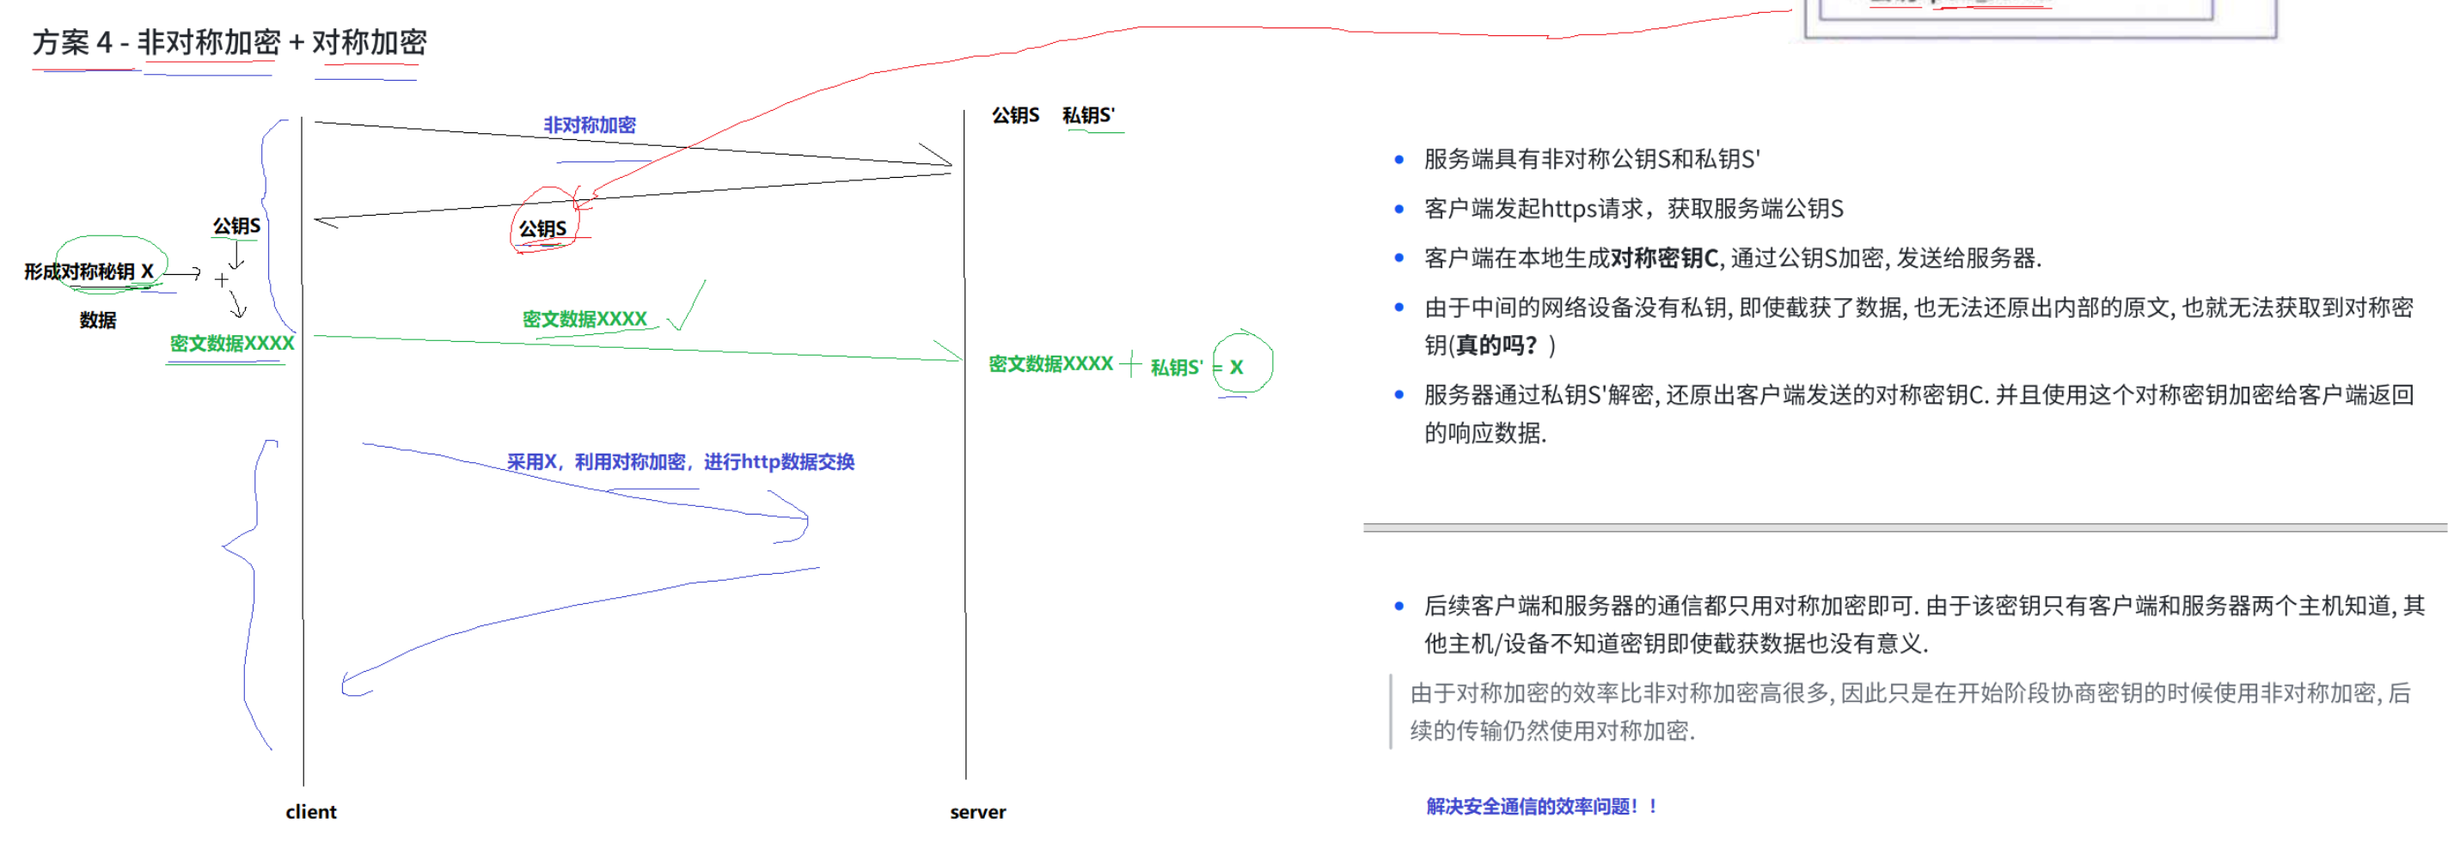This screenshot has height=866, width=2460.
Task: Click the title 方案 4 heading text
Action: (x=229, y=43)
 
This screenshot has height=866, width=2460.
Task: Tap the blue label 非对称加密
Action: (x=590, y=125)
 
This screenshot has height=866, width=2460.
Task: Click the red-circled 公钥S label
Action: (x=542, y=229)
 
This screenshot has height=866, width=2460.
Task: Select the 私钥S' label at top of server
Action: (x=1087, y=115)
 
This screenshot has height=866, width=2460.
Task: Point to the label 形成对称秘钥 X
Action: (x=89, y=272)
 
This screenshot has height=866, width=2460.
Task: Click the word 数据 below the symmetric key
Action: (x=97, y=320)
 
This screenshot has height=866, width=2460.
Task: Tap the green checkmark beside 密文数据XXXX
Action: (x=688, y=308)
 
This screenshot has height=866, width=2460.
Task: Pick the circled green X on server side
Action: (x=1237, y=367)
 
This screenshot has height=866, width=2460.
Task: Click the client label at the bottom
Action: (x=310, y=812)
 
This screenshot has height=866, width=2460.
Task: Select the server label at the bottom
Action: (x=977, y=813)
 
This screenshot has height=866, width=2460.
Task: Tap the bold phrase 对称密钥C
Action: (x=1663, y=258)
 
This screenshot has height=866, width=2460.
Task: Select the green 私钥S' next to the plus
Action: (x=1176, y=368)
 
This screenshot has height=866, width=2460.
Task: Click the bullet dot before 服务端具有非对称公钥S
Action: (x=1399, y=160)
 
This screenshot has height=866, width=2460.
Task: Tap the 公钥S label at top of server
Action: (x=1015, y=115)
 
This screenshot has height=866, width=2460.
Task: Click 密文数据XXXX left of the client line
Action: (x=232, y=344)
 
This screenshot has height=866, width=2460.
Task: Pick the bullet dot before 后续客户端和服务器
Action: (x=1399, y=607)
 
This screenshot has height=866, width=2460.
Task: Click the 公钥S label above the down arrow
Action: (x=236, y=226)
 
